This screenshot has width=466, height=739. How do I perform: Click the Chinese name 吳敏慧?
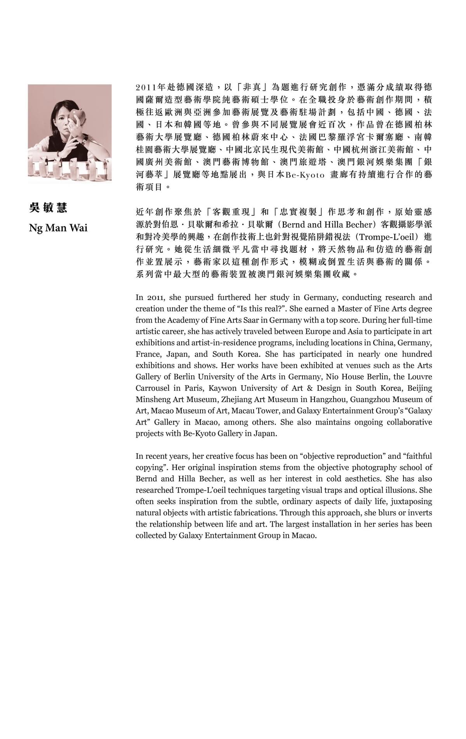pyautogui.click(x=48, y=208)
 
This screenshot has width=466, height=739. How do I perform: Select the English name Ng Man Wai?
pyautogui.click(x=58, y=227)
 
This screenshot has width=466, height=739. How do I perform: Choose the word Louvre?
pyautogui.click(x=419, y=377)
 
